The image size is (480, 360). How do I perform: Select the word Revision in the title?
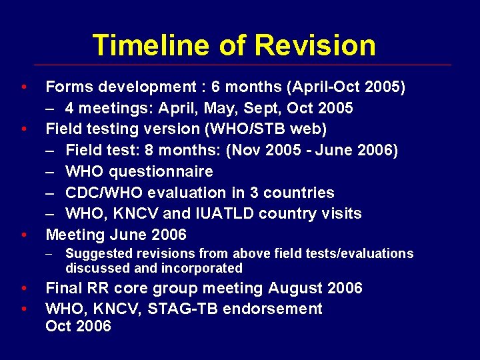[x=315, y=45]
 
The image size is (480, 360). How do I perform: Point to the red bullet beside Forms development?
[x=24, y=87]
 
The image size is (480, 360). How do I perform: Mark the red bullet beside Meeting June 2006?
[x=24, y=235]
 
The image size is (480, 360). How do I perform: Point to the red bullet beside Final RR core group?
[x=24, y=288]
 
